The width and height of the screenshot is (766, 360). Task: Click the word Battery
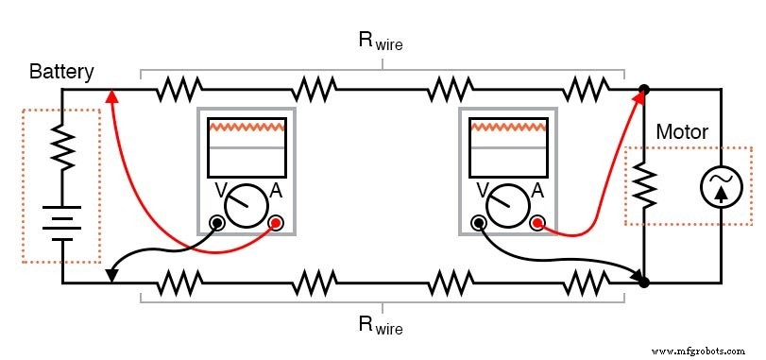point(61,72)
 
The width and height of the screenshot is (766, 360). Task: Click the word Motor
point(682,132)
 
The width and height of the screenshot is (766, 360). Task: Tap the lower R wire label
point(381,326)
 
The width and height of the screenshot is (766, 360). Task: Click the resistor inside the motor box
point(644,186)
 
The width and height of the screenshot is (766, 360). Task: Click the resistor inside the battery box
point(62,147)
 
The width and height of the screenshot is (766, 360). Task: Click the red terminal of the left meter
point(277,223)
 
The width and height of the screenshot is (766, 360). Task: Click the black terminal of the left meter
point(217,223)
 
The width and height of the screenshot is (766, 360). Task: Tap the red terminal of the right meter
point(538,223)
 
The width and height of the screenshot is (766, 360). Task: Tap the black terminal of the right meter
point(479,223)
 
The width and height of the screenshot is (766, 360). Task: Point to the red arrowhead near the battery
point(111,94)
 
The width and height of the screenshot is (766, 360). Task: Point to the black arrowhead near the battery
point(111,274)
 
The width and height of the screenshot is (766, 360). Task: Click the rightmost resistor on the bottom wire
point(586,282)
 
